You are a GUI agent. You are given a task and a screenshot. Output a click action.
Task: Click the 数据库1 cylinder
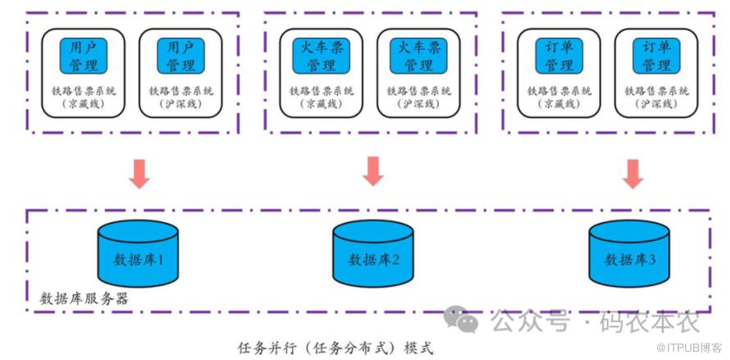point(137,253)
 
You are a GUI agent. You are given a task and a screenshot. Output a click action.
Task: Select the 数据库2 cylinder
point(372,253)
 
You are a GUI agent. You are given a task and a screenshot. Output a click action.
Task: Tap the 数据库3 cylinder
point(629,253)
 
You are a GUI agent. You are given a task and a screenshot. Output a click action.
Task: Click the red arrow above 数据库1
point(140,173)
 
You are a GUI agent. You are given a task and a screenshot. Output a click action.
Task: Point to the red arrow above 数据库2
point(373,170)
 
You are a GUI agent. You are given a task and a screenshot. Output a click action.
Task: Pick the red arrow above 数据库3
point(632,173)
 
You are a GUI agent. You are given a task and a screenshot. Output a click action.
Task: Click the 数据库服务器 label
point(84,298)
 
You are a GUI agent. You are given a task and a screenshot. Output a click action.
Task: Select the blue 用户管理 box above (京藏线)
point(84,56)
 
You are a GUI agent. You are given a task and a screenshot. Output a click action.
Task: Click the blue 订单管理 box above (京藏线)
point(559,56)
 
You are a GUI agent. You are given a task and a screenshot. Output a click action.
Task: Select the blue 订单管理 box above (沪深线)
point(656,56)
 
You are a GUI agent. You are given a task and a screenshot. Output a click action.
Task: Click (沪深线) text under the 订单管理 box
point(656,104)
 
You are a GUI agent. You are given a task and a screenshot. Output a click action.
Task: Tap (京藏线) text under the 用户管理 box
point(84,104)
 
